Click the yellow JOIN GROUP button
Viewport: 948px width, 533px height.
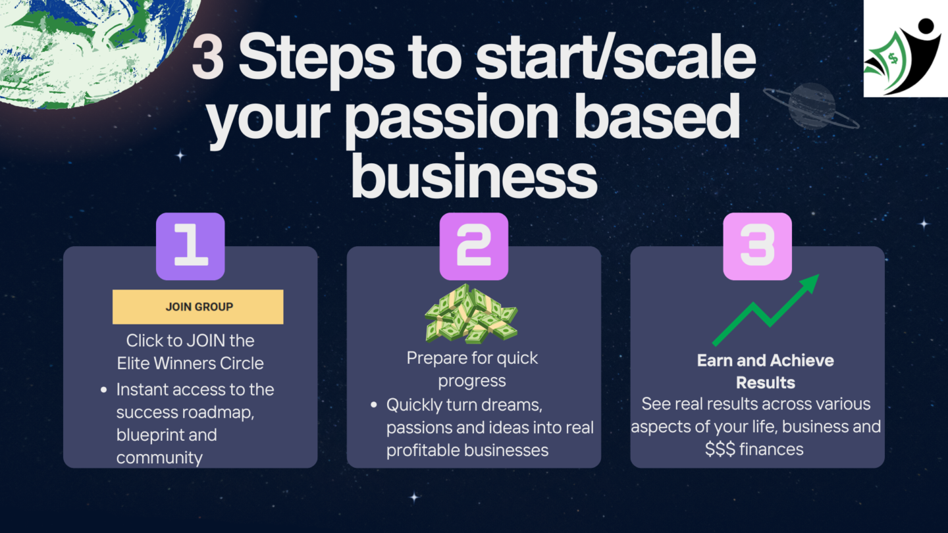pyautogui.click(x=198, y=307)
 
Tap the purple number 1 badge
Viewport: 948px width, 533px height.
pyautogui.click(x=190, y=246)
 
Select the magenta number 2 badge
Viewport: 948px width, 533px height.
pyautogui.click(x=474, y=246)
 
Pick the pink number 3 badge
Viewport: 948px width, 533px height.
pyautogui.click(x=758, y=246)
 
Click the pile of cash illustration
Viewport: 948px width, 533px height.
pyautogui.click(x=471, y=313)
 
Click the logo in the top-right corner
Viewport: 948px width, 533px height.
pyautogui.click(x=906, y=48)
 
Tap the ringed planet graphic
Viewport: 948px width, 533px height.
pyautogui.click(x=811, y=106)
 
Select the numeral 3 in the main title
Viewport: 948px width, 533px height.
pyautogui.click(x=207, y=57)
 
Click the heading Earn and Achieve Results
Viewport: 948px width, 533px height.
pyautogui.click(x=766, y=371)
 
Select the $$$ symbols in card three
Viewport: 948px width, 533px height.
pyautogui.click(x=720, y=449)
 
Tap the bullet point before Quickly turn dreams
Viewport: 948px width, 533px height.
pyautogui.click(x=374, y=405)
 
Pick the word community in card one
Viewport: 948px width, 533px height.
pyautogui.click(x=159, y=458)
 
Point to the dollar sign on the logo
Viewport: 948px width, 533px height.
pyautogui.click(x=893, y=58)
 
